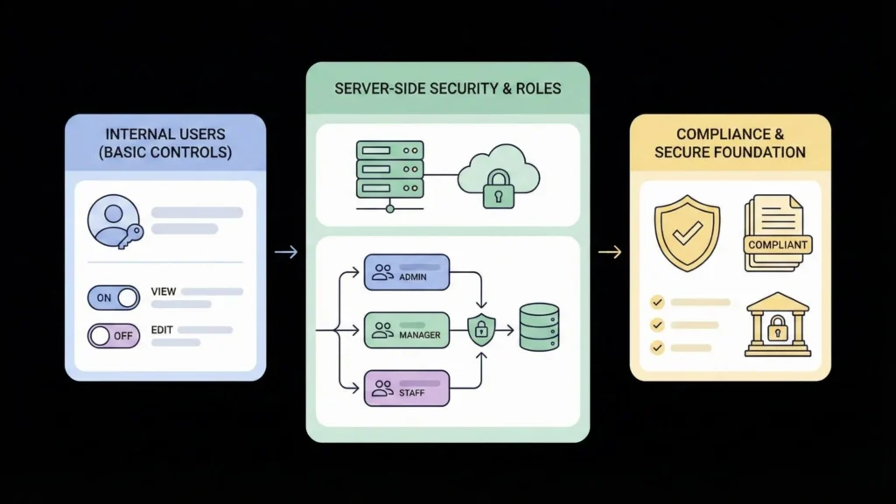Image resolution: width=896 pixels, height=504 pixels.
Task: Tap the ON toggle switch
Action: pos(114,297)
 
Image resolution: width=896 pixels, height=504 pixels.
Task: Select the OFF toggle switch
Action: pos(114,335)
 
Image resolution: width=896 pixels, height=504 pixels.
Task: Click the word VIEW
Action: pos(164,291)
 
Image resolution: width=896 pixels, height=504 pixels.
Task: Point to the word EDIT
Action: pos(163,330)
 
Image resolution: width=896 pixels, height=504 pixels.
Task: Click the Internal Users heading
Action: pos(165,143)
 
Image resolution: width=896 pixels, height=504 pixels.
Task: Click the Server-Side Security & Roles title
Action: pos(447,89)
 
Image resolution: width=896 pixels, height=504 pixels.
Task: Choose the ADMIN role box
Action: pos(406,272)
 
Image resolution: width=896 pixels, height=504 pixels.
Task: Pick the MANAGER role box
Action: pos(406,330)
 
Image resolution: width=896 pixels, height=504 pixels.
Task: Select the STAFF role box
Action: pos(406,388)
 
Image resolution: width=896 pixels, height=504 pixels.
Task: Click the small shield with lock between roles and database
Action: pos(481,330)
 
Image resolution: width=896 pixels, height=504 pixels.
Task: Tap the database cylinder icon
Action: pos(539,327)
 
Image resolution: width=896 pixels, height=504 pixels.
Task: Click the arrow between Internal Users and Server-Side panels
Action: pos(285,252)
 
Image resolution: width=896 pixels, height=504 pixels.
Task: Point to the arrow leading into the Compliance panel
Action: pos(610,252)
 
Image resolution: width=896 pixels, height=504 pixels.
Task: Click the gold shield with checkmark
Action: pos(687,233)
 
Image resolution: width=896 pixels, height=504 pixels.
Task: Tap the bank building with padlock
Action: pos(776,325)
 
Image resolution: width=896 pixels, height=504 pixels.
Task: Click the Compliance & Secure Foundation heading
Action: pos(730,143)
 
